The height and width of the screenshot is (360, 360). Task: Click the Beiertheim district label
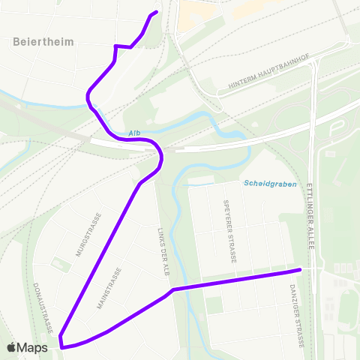[x=44, y=42]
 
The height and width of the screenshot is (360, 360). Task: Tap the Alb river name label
[x=134, y=133]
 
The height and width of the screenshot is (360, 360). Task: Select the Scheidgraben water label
[x=270, y=184]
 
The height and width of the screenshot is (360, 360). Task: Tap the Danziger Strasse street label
[x=294, y=315]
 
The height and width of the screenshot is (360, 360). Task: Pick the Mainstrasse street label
[x=109, y=289]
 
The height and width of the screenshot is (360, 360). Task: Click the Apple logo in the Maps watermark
[x=13, y=347]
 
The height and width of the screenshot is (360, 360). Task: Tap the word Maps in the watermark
[x=33, y=347]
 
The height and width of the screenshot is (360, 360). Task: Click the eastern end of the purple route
[x=300, y=269]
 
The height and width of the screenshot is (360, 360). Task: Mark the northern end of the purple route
[x=156, y=12]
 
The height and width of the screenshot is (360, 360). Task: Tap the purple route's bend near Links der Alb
[x=172, y=289]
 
